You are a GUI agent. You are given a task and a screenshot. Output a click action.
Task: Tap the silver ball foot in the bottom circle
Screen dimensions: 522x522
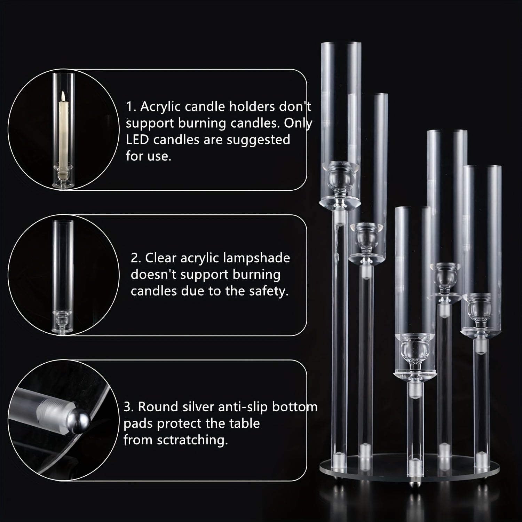(80, 419)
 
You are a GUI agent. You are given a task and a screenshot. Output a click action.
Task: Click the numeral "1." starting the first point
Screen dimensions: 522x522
(131, 107)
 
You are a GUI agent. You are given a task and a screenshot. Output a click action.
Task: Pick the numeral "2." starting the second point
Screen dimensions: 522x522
(136, 258)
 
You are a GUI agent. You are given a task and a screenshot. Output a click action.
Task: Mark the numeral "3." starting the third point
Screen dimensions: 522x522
(129, 407)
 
